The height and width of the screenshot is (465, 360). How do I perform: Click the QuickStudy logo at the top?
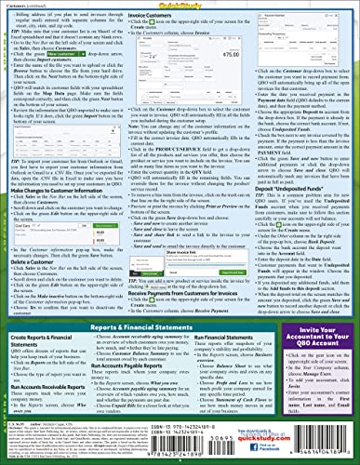point(180,5)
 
